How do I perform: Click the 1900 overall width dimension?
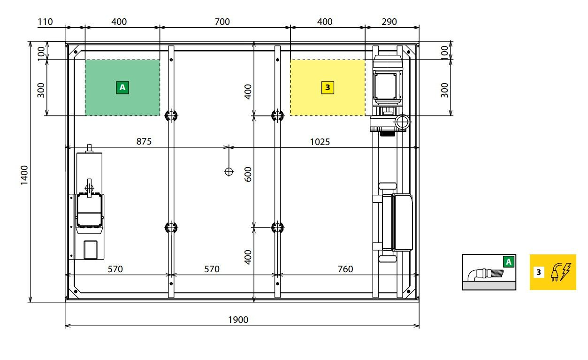238,320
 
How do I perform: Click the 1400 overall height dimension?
24,175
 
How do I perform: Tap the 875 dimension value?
144,142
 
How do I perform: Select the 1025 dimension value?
320,142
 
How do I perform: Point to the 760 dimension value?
345,269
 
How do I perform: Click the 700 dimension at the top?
222,22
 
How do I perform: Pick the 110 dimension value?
45,22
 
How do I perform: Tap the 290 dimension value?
389,22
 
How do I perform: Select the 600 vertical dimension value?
248,174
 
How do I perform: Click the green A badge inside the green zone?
122,87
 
